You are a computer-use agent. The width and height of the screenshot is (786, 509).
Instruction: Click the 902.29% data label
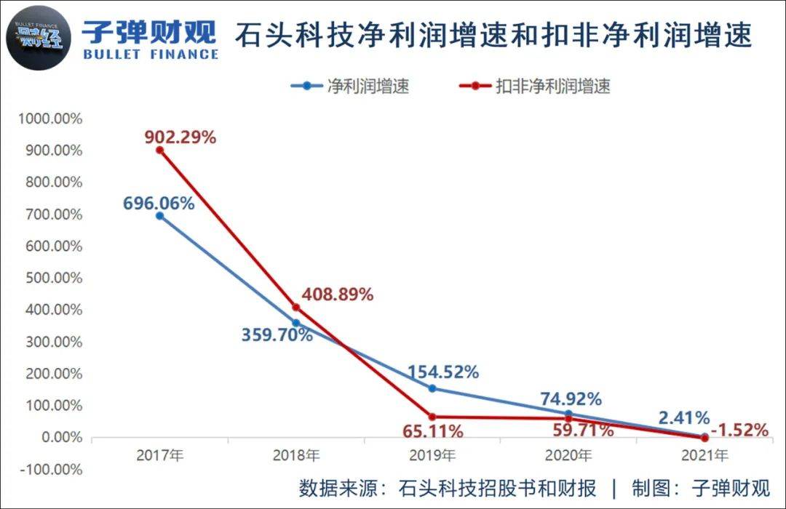(180, 137)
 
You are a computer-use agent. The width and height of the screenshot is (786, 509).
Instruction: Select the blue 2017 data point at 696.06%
(160, 216)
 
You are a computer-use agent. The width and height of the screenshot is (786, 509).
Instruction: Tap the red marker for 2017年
(160, 151)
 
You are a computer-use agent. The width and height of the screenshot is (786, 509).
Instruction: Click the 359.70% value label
(277, 335)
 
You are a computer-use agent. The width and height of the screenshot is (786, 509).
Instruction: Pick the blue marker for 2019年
(432, 388)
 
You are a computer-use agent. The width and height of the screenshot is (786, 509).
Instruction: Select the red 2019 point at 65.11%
(432, 417)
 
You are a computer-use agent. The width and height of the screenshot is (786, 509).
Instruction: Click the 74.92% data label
(571, 398)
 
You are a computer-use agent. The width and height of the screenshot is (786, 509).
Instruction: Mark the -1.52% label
(740, 430)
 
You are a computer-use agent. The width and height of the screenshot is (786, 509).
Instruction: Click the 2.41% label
(684, 417)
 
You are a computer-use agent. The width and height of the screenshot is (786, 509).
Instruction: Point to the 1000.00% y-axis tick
(51, 119)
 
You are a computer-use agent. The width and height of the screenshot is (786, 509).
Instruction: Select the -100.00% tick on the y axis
(51, 469)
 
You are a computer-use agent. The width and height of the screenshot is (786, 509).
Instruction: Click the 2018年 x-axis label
(296, 456)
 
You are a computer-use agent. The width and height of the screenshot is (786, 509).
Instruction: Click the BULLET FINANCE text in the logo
(151, 54)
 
